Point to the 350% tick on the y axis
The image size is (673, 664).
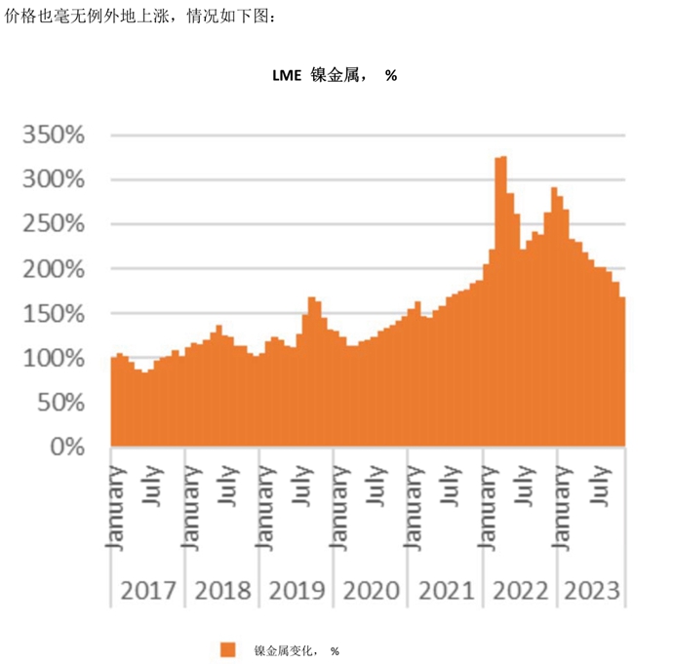(x=56, y=135)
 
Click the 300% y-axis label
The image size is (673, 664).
(x=56, y=179)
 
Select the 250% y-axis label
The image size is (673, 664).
(x=56, y=223)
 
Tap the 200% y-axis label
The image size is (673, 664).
(x=56, y=268)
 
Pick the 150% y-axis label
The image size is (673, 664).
(x=56, y=313)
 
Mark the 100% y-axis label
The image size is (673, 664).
(x=56, y=358)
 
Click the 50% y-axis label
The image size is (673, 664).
(x=63, y=402)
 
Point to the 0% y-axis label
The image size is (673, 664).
(x=71, y=447)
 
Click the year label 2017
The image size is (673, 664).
(x=147, y=591)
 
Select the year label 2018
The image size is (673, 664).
(x=222, y=591)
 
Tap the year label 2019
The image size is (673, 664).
(x=297, y=591)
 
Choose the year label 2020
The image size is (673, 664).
(x=371, y=591)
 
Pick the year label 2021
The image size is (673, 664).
(x=446, y=591)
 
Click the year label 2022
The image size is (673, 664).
(x=520, y=591)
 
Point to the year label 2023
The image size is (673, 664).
(x=590, y=591)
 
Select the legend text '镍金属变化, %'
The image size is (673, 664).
(x=297, y=650)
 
